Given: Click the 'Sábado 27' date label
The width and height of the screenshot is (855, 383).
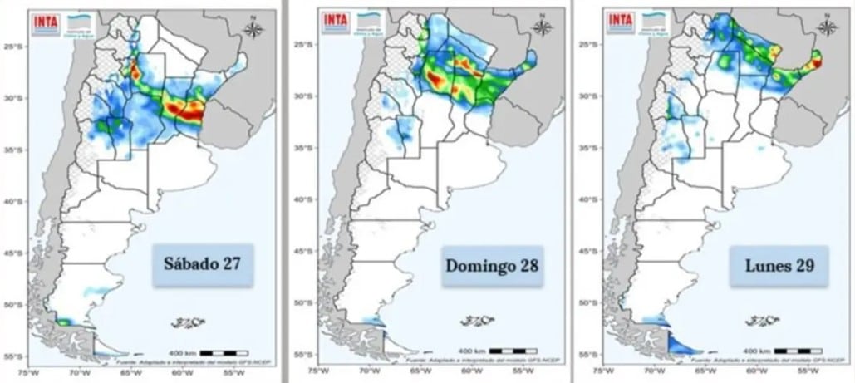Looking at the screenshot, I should click(203, 266).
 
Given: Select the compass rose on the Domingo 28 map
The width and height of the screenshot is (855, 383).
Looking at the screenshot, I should click(543, 27).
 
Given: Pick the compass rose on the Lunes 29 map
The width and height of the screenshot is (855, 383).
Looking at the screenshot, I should click(826, 27).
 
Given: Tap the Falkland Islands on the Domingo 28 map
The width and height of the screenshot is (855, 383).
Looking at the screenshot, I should click(475, 321).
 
